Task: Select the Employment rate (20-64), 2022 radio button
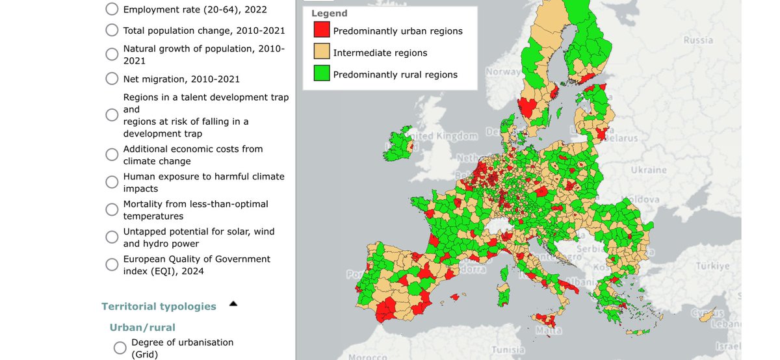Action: point(112,10)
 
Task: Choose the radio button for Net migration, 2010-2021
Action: point(112,79)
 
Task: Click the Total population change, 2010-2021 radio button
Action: point(112,30)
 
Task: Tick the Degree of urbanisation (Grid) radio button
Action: point(120,348)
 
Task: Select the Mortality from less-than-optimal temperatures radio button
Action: point(112,210)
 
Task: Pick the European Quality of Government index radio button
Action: point(112,264)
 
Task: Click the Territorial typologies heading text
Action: point(159,306)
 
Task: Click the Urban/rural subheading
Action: point(142,327)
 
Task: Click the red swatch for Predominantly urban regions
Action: point(321,31)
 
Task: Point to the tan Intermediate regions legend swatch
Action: point(321,53)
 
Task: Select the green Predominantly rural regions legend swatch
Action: point(321,74)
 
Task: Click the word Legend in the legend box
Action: point(329,14)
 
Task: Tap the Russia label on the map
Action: point(697,40)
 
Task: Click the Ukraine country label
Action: point(648,170)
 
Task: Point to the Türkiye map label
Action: point(713,266)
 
